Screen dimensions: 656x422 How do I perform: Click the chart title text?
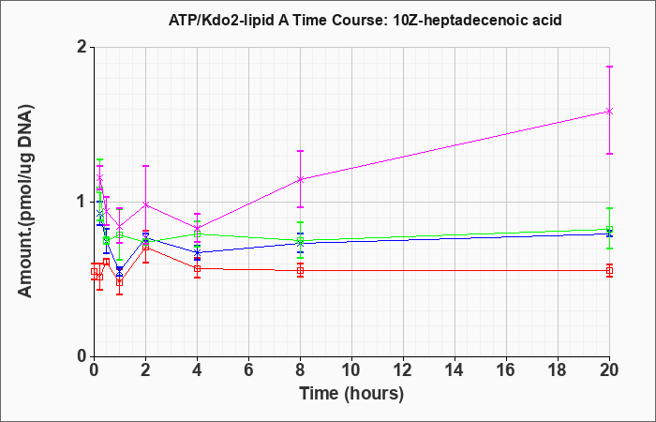point(365,20)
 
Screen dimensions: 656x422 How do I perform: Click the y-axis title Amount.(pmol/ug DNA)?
point(25,202)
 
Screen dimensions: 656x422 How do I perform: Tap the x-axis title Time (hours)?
point(351,394)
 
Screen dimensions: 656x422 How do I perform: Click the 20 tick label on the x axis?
point(609,370)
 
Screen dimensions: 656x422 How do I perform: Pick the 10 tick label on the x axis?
point(351,370)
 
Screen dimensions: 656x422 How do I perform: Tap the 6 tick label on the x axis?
point(248,370)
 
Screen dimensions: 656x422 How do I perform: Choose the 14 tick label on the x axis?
point(455,370)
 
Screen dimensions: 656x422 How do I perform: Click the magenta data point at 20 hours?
point(609,111)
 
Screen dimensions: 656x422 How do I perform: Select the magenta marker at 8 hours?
point(300,180)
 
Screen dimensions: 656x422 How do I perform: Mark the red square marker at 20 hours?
point(609,271)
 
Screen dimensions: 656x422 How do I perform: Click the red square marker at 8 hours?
point(300,271)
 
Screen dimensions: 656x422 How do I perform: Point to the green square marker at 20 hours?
point(609,230)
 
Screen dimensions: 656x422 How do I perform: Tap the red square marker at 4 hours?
point(197,269)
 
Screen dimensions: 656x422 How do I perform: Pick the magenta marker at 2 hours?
point(145,204)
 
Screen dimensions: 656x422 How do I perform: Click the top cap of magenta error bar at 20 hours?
point(609,67)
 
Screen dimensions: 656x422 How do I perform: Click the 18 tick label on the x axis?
point(558,370)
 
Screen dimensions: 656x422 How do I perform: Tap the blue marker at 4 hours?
point(197,252)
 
